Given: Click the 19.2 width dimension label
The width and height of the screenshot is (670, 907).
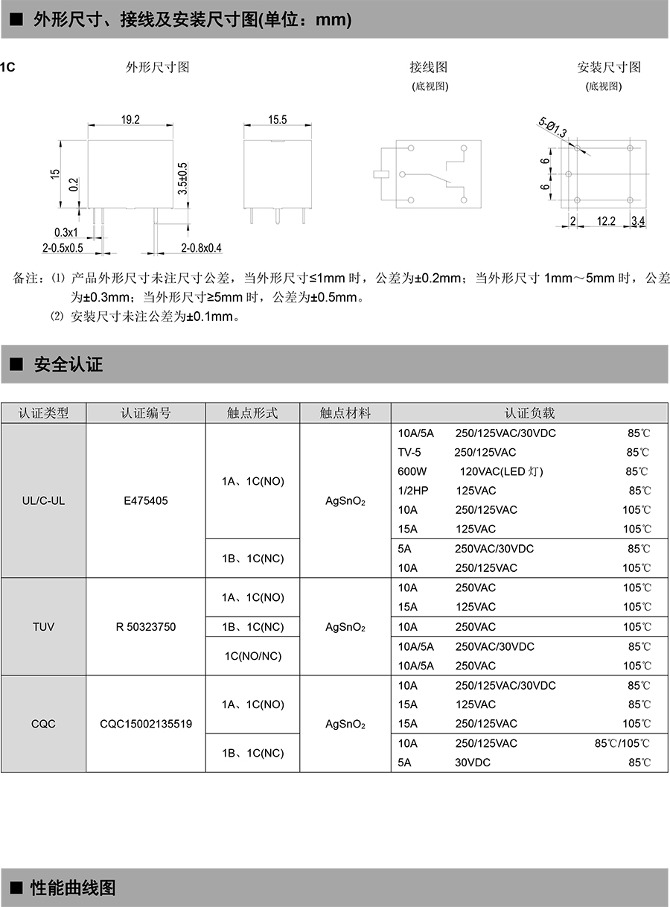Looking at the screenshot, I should click(x=131, y=119).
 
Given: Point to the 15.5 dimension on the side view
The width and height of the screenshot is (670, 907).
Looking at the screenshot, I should click(x=277, y=119).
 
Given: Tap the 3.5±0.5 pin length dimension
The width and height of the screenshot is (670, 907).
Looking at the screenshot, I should click(x=182, y=179).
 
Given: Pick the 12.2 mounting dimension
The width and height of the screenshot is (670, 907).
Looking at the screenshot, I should click(x=606, y=220).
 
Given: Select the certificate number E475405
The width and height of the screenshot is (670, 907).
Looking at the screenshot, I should click(x=146, y=500).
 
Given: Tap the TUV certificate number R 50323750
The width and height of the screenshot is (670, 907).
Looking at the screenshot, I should click(x=146, y=626).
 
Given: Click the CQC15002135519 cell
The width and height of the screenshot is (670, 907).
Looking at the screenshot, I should click(x=146, y=723).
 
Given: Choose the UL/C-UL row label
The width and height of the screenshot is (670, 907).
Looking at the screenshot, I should click(x=44, y=500).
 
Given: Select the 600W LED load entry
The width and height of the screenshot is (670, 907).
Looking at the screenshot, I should click(x=412, y=471).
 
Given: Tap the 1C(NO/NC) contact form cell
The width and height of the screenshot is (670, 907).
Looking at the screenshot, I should click(x=252, y=656).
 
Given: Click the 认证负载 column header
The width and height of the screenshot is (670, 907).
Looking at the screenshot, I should click(x=530, y=413).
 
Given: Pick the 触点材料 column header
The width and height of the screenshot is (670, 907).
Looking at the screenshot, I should click(x=345, y=413).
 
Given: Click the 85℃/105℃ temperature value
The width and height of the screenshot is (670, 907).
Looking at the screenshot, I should click(x=622, y=743).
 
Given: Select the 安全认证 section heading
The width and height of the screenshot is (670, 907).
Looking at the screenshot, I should click(x=68, y=365).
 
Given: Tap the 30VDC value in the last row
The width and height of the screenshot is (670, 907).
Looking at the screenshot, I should click(x=473, y=763).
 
